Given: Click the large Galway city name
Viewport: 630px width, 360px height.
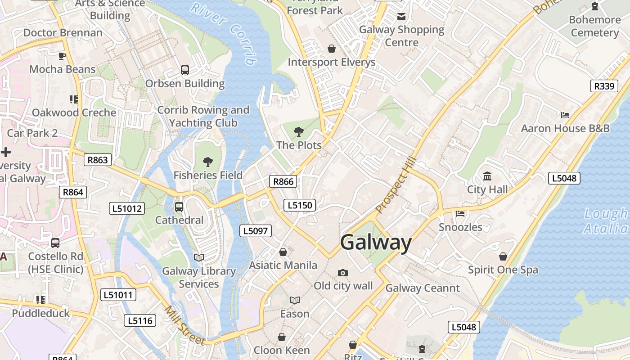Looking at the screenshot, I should pyautogui.click(x=376, y=243).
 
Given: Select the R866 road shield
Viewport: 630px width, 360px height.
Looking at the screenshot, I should pyautogui.click(x=283, y=181).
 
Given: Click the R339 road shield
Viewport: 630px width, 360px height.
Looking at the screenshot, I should pyautogui.click(x=604, y=86).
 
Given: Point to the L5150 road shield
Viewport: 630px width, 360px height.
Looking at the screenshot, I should pyautogui.click(x=300, y=206).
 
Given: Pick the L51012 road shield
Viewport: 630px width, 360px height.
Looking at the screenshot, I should pyautogui.click(x=127, y=208).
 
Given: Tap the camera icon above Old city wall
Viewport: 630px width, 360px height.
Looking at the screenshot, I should pyautogui.click(x=343, y=273).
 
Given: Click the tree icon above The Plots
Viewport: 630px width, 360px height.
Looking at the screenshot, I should pyautogui.click(x=298, y=132).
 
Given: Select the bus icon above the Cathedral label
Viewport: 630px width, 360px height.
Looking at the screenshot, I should pyautogui.click(x=179, y=207).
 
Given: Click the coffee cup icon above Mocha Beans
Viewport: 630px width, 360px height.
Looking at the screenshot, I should pyautogui.click(x=62, y=56).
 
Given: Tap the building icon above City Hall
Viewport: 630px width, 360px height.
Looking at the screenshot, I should pyautogui.click(x=487, y=176).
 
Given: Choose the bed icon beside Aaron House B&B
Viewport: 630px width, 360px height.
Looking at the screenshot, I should pyautogui.click(x=565, y=115).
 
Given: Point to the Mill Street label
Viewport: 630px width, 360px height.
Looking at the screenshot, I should pyautogui.click(x=184, y=325).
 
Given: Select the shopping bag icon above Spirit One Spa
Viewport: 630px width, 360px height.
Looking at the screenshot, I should pyautogui.click(x=503, y=256).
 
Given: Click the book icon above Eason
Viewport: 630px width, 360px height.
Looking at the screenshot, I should pyautogui.click(x=295, y=300).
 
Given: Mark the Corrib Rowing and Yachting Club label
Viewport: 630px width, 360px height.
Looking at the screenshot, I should pyautogui.click(x=203, y=116).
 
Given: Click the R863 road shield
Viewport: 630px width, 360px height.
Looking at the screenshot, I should pyautogui.click(x=98, y=160).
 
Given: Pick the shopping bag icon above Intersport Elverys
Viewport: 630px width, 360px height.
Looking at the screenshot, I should pyautogui.click(x=332, y=49).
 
